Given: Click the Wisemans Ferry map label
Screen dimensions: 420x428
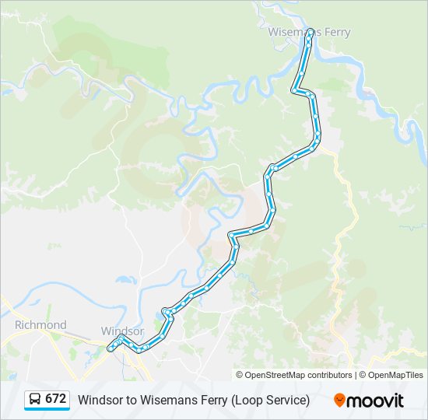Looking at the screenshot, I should click(x=309, y=32).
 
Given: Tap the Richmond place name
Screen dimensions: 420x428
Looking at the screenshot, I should click(x=40, y=324).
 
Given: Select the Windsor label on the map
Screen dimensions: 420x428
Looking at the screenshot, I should click(x=122, y=331).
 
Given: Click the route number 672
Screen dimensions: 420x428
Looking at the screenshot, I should click(x=55, y=399).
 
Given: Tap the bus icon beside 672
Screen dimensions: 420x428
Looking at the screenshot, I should click(x=35, y=400).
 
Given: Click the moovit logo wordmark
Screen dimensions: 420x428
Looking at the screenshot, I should click(x=375, y=400).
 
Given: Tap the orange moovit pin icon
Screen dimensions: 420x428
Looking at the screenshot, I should click(x=339, y=400).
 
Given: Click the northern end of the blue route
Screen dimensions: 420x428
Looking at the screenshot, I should click(x=310, y=31).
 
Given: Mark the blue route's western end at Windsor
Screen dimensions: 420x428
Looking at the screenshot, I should click(x=111, y=348).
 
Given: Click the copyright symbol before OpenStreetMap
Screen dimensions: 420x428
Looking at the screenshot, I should click(x=240, y=375).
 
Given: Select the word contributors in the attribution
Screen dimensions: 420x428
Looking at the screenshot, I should click(x=329, y=375).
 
